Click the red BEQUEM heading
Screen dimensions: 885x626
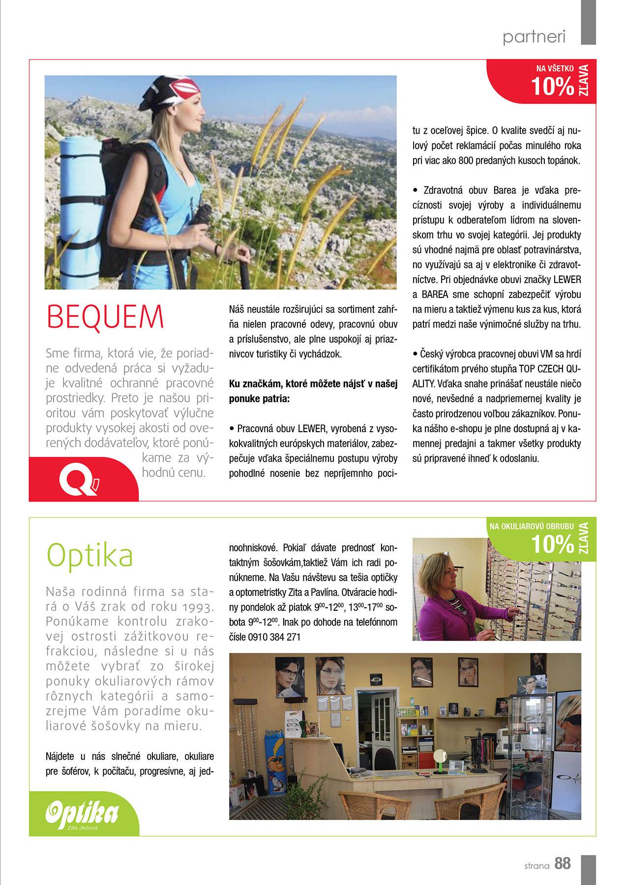[104, 317]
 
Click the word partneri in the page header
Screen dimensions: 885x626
[534, 37]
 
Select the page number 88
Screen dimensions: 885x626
[563, 863]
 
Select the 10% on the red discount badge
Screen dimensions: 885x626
[553, 87]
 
